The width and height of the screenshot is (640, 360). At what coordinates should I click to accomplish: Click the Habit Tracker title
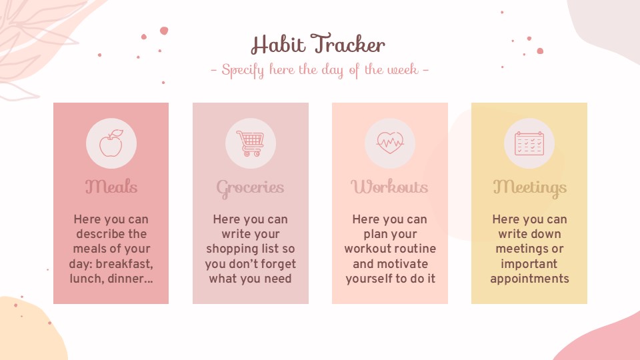[318, 45]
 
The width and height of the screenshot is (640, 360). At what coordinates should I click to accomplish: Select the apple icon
[111, 143]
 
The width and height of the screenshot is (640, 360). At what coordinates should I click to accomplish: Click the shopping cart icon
[250, 143]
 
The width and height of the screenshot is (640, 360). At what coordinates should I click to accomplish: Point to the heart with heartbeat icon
[390, 143]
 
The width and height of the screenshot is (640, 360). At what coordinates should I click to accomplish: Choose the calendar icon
[529, 143]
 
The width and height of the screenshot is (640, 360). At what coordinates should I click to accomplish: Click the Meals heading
[111, 186]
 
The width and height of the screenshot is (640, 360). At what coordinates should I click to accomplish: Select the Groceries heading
[250, 188]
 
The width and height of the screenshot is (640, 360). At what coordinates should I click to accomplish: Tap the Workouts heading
[389, 186]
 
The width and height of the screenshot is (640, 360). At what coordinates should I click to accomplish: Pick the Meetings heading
[529, 187]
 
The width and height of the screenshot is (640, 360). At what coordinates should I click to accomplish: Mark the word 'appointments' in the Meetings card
[529, 279]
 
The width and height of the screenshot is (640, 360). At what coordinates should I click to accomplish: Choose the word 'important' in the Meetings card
[529, 264]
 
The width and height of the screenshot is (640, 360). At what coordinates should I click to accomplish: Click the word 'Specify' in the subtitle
[243, 70]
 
